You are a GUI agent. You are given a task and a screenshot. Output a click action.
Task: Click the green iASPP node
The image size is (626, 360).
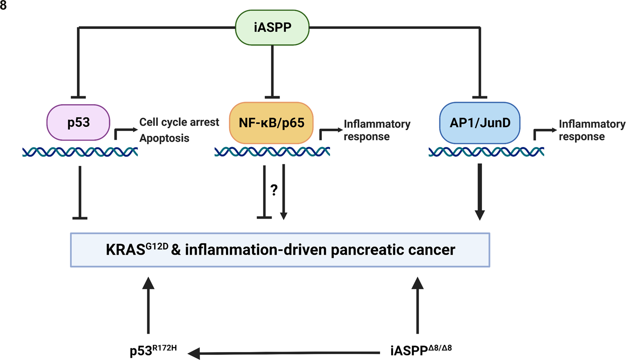pos(272,28)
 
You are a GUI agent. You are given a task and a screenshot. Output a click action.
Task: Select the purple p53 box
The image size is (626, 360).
pos(78,123)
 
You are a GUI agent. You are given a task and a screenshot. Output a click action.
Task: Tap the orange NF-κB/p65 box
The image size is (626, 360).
pos(271,123)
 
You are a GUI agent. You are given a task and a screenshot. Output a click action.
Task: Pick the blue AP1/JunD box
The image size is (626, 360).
pos(480,123)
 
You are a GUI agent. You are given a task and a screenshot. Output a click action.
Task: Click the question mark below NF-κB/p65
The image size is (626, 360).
pos(274,190)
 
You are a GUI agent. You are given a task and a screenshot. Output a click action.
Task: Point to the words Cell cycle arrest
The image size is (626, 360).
pos(179,122)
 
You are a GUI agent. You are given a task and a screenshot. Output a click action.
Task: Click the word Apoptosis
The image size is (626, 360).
pos(164,138)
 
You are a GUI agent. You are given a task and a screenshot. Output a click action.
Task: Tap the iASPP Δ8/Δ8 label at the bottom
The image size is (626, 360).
pos(420,350)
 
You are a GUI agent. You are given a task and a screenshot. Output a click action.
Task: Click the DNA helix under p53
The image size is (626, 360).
pos(80,152)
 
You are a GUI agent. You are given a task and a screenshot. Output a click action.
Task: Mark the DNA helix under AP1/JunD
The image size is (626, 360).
pos(486,152)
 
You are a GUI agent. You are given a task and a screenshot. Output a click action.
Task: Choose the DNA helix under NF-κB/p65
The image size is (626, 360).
pos(272,152)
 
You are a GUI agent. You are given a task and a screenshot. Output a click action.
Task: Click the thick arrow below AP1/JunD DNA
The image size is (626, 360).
pos(480,192)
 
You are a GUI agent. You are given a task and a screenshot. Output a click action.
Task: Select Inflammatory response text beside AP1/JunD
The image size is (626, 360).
pos(591,130)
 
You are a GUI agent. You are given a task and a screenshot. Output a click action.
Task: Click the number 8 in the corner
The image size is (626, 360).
pos(3,5)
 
